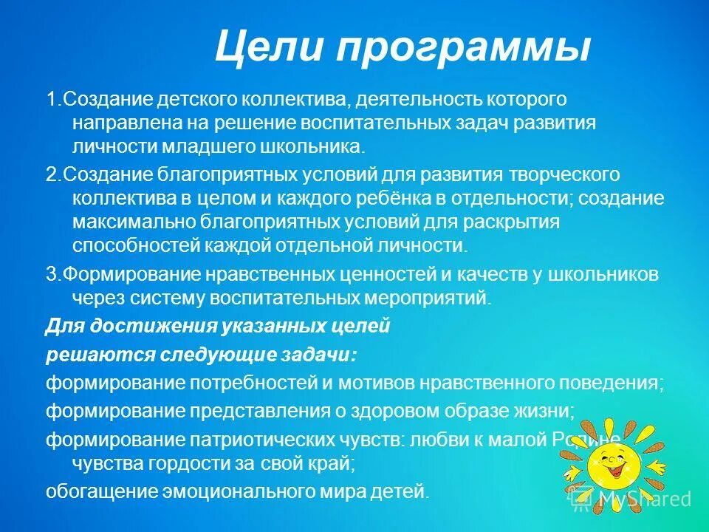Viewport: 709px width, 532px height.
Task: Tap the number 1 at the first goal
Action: click(x=49, y=99)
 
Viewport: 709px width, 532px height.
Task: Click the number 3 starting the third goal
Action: click(x=49, y=274)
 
